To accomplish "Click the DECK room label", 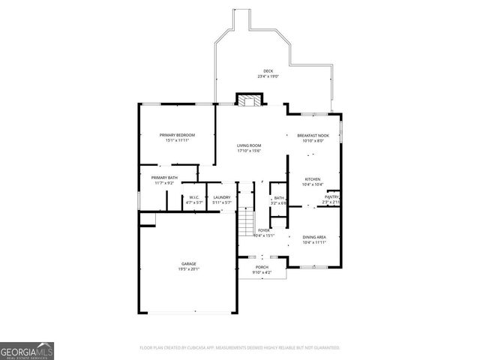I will pos(268,71).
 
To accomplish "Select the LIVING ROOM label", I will pos(249,145).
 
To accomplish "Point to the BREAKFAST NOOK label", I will pos(313,135).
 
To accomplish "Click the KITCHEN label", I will pos(313,179).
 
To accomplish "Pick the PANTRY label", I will pos(331,197).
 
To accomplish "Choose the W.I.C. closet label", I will pos(194,197).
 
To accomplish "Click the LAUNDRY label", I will pos(221,197).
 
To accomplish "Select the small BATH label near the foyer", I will pos(278,198).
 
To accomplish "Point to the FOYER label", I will pos(264,230).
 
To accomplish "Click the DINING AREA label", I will pos(314,237).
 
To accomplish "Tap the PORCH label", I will pos(262,267).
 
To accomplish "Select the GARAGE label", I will pos(188,263).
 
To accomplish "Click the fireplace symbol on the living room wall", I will pos(249,99).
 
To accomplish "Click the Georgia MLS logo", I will pos(27,350).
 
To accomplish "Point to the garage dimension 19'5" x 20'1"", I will pos(188,268).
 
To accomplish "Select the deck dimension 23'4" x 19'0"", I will pos(268,76).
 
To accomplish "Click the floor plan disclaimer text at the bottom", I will pos(240,348).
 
